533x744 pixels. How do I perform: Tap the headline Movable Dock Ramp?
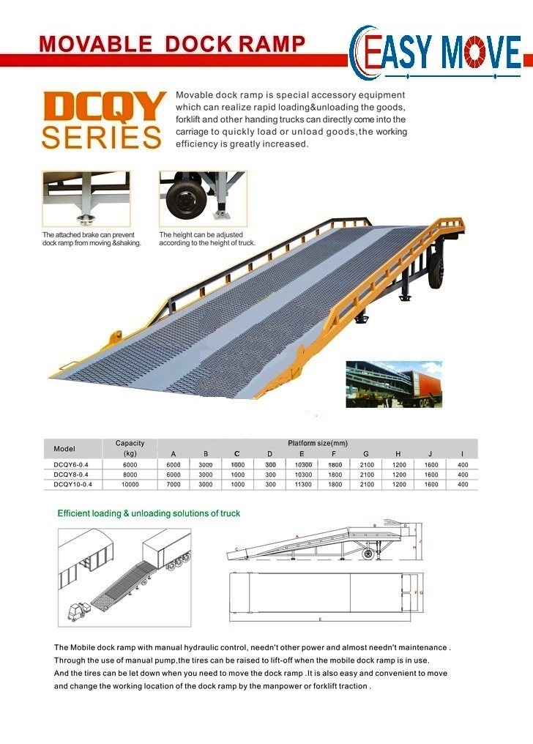[172, 44]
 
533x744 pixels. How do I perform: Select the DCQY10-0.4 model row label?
[72, 485]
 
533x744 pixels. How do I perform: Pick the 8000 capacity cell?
[130, 475]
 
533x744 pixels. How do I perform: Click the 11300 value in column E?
[303, 485]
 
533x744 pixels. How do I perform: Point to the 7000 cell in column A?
[174, 485]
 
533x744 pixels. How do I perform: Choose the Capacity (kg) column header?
[130, 448]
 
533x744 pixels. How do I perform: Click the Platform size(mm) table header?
[318, 443]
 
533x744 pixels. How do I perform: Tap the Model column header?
[64, 449]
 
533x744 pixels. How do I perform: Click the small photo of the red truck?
[394, 384]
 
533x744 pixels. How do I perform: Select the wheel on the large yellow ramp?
[436, 272]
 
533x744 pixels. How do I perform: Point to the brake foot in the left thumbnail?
[86, 219]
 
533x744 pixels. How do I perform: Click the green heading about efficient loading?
[149, 513]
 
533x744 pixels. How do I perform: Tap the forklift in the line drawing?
[78, 611]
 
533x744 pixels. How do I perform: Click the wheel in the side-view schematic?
[368, 554]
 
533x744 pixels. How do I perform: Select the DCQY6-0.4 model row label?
[71, 464]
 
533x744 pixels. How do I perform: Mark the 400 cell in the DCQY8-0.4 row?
[463, 475]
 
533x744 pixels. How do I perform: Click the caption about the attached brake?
[92, 239]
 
